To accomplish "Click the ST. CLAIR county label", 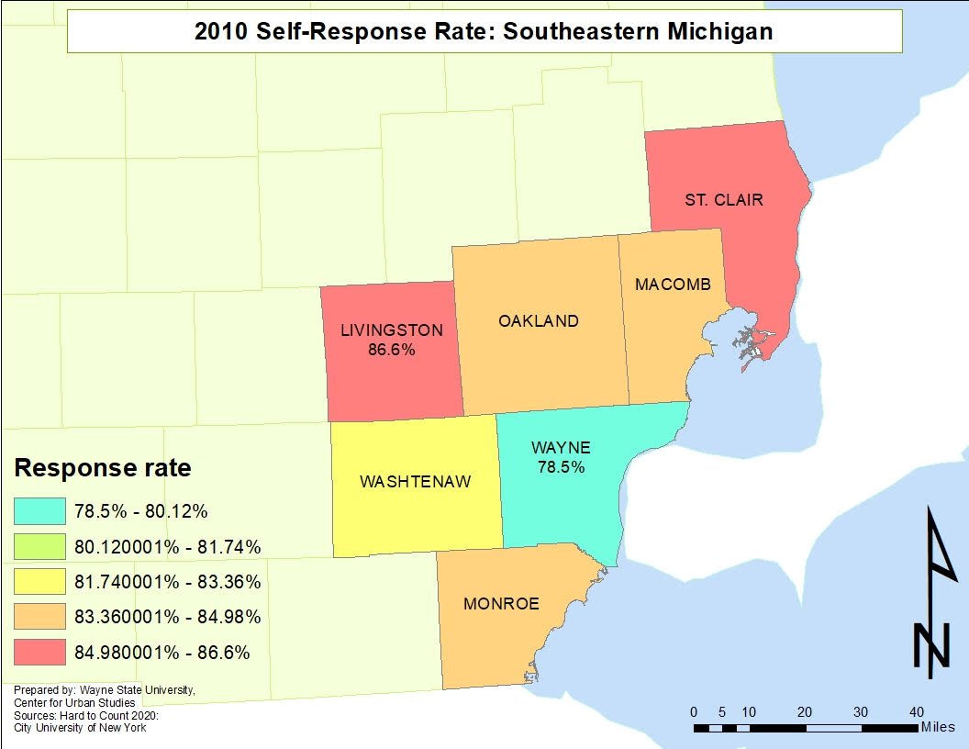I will pos(723,199).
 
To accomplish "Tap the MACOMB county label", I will pos(673,285).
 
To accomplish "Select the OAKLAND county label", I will pos(539,321).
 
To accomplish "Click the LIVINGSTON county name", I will pos(392,330).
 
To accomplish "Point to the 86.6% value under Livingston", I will pos(392,350).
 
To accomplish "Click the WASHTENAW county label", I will pos(415,482).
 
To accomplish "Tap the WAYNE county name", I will pos(561,448).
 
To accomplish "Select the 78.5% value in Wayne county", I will pos(561,467).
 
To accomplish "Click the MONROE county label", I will pos(501,604).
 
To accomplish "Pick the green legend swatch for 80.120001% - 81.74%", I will pos(40,547).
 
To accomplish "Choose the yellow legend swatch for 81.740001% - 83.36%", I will pos(40,582).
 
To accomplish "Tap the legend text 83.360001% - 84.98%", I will pos(167,617).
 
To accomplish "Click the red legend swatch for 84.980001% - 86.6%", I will pos(40,653).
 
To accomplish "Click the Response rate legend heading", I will pos(103,468).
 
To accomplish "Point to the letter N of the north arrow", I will pos(930,645).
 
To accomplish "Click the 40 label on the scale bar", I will pos(916,712).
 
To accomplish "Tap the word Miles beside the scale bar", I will pos(938,727).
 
